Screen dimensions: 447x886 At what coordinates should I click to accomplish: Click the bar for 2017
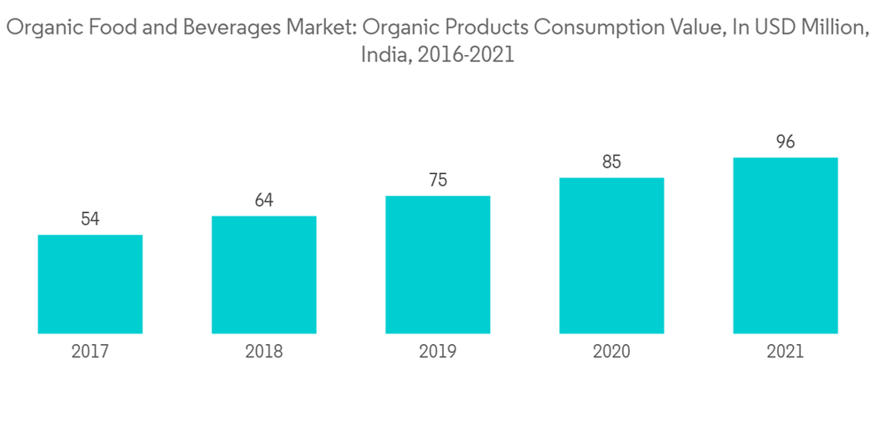pyautogui.click(x=90, y=284)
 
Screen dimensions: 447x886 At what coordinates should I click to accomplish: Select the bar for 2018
pyautogui.click(x=264, y=275)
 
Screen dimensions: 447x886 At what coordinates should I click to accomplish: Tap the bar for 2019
pyautogui.click(x=438, y=264)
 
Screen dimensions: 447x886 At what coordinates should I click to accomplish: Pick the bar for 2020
pyautogui.click(x=611, y=255)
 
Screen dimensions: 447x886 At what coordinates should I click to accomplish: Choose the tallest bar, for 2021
pyautogui.click(x=785, y=246)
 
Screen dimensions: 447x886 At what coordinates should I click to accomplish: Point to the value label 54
pyautogui.click(x=90, y=219)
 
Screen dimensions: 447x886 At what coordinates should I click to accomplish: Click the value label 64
pyautogui.click(x=264, y=200)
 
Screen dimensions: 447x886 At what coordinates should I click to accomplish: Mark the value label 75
pyautogui.click(x=438, y=181)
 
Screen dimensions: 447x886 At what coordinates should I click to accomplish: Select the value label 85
pyautogui.click(x=611, y=162)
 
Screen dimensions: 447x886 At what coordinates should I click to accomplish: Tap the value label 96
pyautogui.click(x=785, y=142)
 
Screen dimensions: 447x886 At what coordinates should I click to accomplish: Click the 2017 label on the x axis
pyautogui.click(x=90, y=352)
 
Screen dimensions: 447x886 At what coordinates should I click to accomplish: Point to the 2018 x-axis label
pyautogui.click(x=264, y=352)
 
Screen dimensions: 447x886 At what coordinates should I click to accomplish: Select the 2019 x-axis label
pyautogui.click(x=438, y=352)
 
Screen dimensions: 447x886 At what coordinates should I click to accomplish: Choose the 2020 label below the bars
pyautogui.click(x=611, y=352)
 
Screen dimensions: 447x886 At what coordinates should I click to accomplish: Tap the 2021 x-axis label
pyautogui.click(x=785, y=352)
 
